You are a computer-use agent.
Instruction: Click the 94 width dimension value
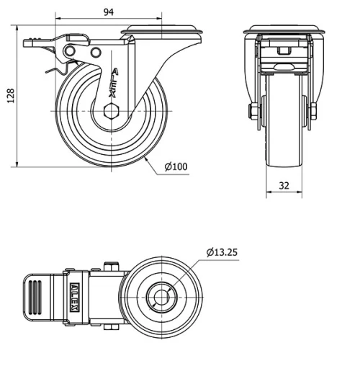(x=108, y=12)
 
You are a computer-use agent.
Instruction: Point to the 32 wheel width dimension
(x=284, y=186)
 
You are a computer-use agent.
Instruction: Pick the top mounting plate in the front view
(x=283, y=32)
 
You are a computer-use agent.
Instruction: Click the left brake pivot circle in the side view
(x=71, y=50)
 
